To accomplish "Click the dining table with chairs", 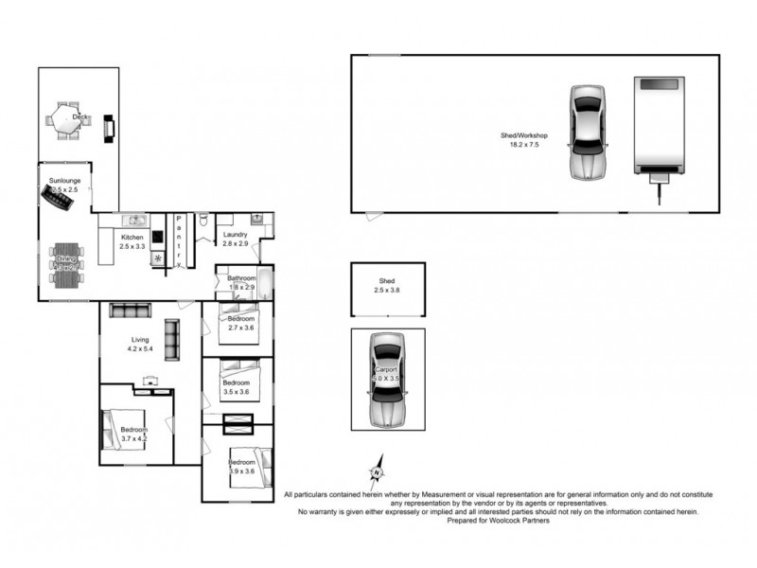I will (66, 265).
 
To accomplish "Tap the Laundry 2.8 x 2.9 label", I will (235, 240).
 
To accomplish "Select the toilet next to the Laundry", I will (204, 222).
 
